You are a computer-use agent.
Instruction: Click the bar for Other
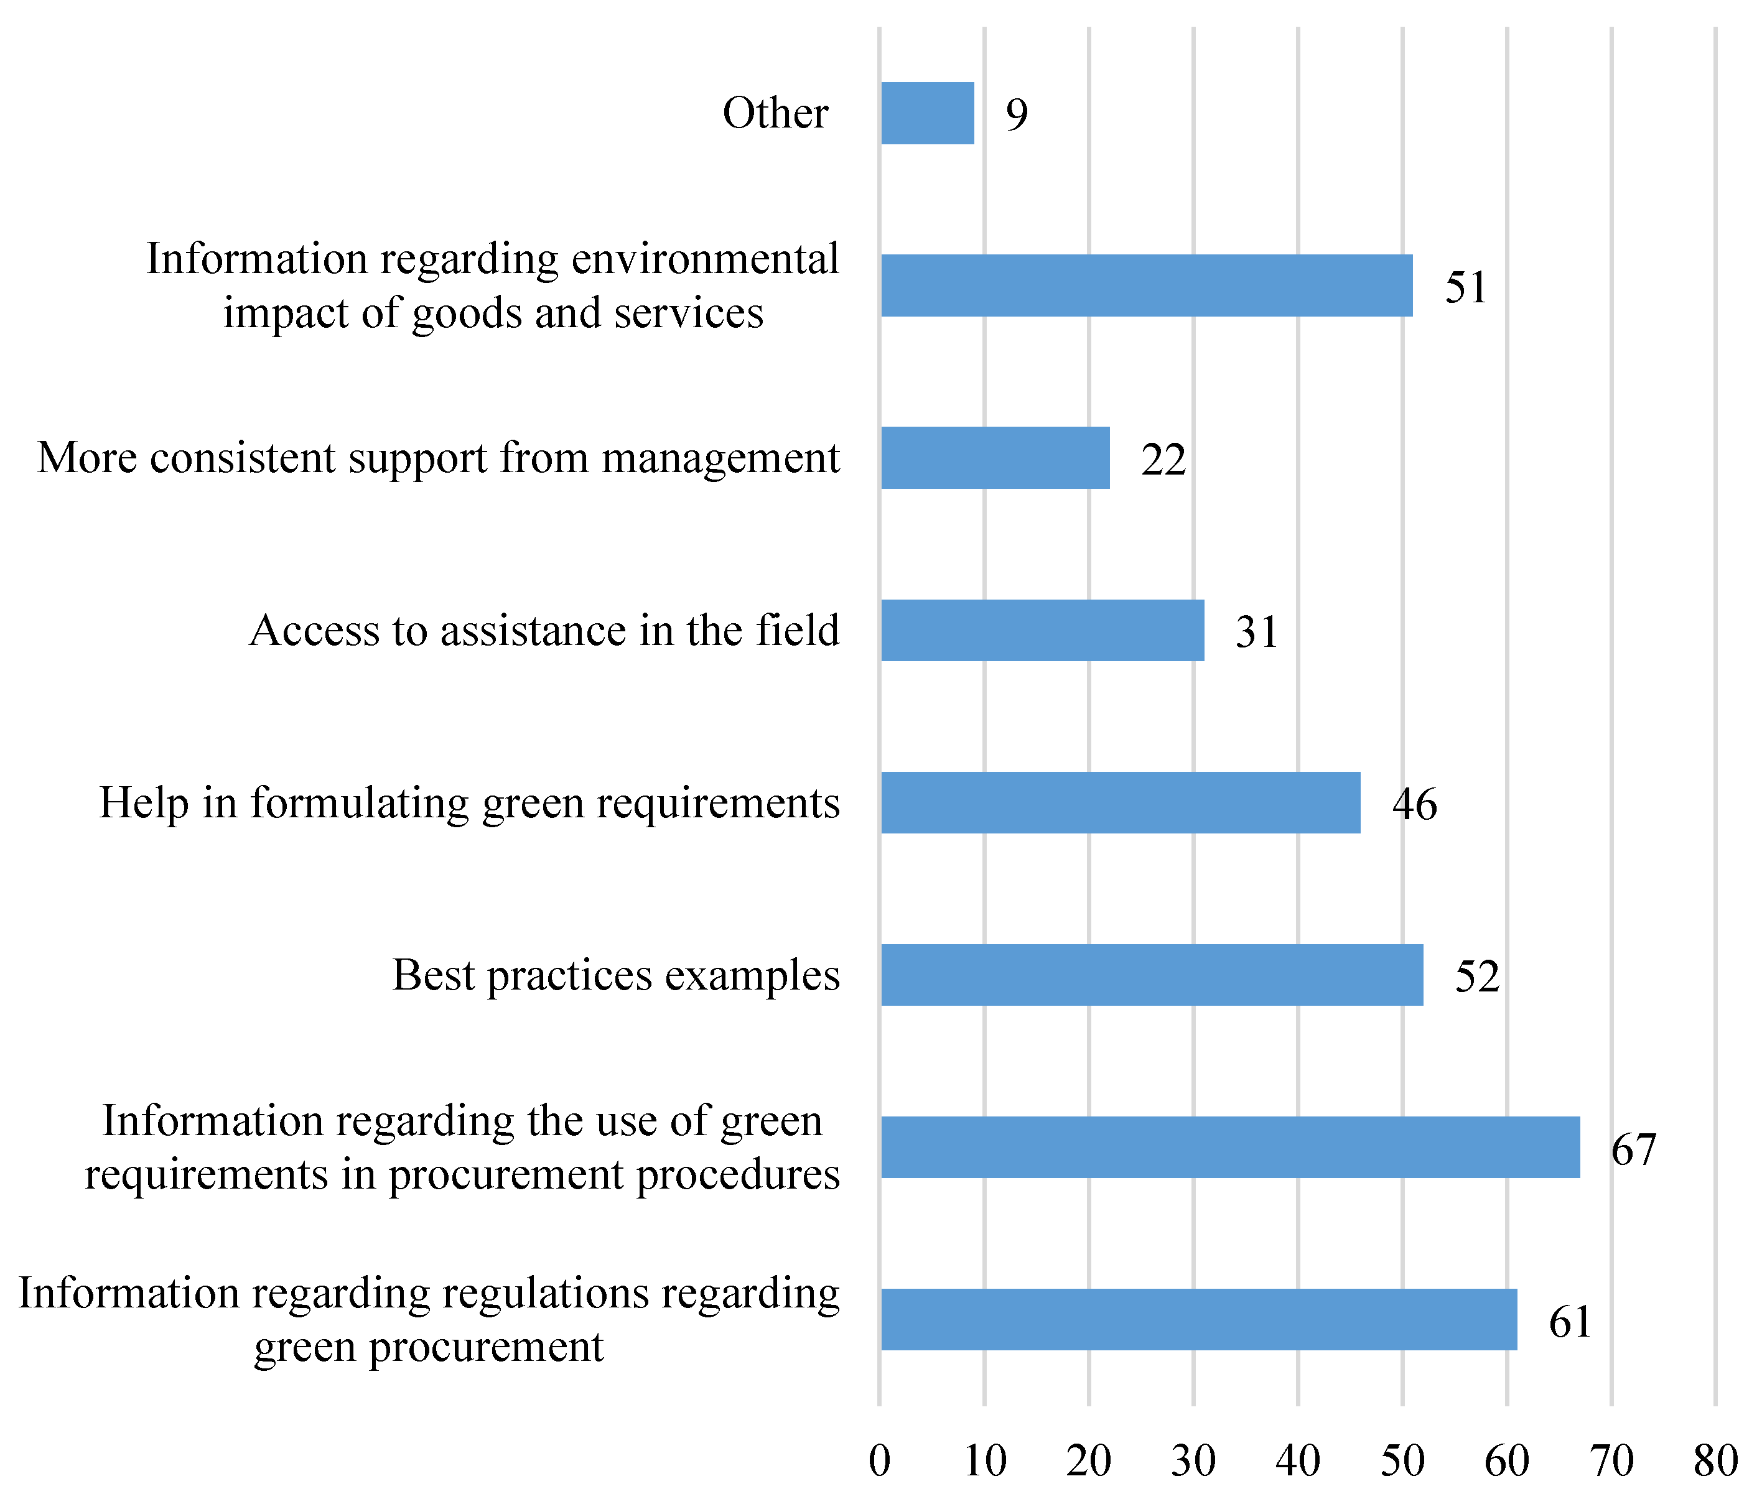[928, 113]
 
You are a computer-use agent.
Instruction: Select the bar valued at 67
[1230, 1147]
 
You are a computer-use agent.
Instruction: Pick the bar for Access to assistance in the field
[1042, 630]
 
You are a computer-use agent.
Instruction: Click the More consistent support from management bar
[995, 458]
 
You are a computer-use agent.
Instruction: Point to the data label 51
[1465, 287]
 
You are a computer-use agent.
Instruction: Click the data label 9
[1017, 114]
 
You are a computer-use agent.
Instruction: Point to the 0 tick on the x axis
[879, 1460]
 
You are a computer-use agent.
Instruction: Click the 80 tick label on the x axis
[1715, 1460]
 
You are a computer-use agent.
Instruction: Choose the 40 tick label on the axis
[1298, 1460]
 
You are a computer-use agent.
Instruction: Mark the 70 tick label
[1611, 1460]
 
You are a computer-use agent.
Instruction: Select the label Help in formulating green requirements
[469, 803]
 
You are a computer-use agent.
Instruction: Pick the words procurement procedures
[613, 1175]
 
